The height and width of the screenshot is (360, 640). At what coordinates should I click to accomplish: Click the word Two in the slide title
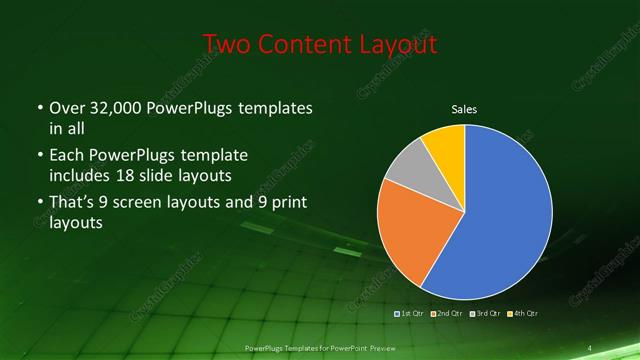(x=226, y=44)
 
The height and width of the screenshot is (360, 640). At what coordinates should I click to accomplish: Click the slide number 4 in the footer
(x=591, y=347)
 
